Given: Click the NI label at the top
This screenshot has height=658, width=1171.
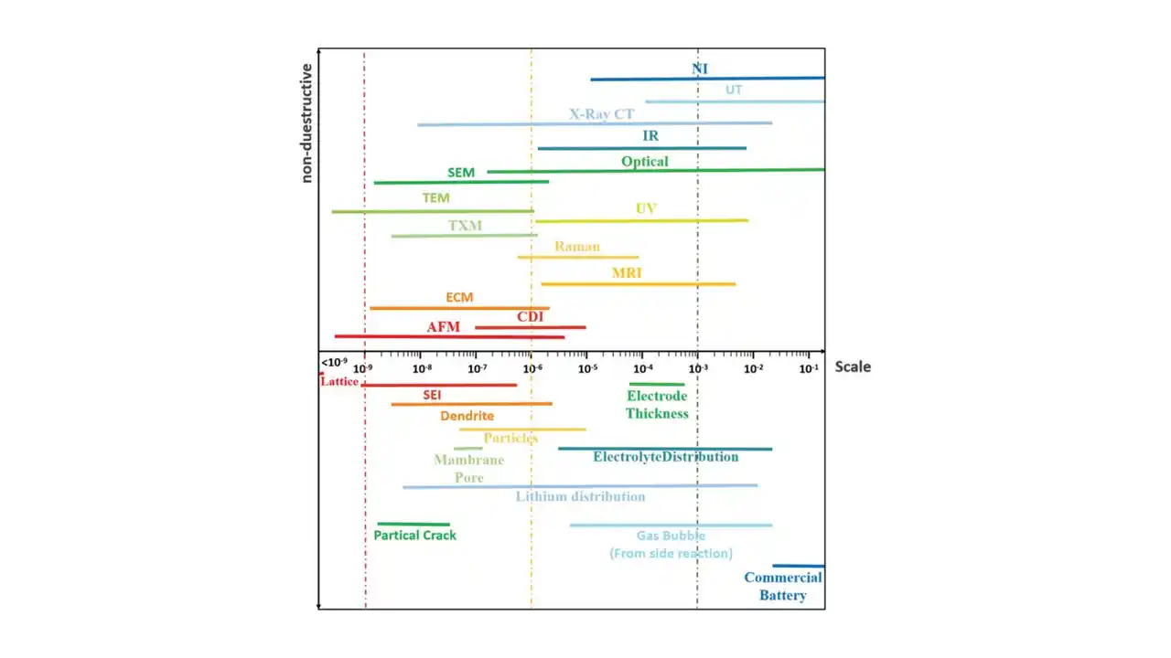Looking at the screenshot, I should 700,69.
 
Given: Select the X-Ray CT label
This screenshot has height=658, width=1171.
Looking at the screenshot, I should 601,115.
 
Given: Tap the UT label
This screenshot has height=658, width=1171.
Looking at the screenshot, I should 734,90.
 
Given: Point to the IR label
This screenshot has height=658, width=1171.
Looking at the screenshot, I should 650,136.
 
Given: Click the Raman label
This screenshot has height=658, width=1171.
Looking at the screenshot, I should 577,247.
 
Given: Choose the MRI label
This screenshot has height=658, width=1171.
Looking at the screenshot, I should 627,273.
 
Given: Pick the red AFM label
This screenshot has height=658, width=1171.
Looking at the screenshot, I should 443,327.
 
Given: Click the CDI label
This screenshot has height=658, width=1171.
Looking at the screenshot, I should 531,317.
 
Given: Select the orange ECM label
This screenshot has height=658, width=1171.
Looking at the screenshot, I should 459,298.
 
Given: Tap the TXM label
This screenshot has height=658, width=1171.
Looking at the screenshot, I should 465,226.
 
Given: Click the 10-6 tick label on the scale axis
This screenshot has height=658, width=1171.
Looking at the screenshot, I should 532,368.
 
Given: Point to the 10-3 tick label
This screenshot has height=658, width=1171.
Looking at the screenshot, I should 698,368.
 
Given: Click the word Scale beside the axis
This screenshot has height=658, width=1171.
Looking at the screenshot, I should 853,367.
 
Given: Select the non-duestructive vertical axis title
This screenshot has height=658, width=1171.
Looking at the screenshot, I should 307,123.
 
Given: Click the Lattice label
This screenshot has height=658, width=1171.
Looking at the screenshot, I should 339,382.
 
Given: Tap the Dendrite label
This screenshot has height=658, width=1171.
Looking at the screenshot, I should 467,416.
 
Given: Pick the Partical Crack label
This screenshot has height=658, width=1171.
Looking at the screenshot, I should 414,536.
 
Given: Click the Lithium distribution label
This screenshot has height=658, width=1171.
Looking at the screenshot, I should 580,497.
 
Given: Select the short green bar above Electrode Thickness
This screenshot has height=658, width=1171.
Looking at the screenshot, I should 657,385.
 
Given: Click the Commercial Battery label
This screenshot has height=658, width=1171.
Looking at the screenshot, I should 783,587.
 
